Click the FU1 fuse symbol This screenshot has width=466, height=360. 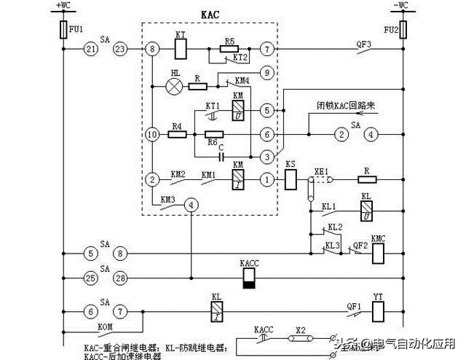[x=63, y=30]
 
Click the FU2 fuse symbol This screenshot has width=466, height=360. [x=403, y=30]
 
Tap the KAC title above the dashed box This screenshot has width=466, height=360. [x=210, y=14]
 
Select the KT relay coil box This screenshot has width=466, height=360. [x=181, y=50]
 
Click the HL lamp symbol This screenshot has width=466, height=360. [x=174, y=86]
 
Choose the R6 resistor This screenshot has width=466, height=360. [x=214, y=135]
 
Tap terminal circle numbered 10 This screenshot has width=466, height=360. [x=152, y=135]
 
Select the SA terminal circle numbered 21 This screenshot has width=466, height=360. [x=90, y=50]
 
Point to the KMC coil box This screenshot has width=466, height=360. [x=377, y=253]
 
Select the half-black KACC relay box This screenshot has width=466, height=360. [x=248, y=278]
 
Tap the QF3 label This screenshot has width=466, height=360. [x=363, y=43]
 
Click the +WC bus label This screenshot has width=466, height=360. [x=63, y=6]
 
